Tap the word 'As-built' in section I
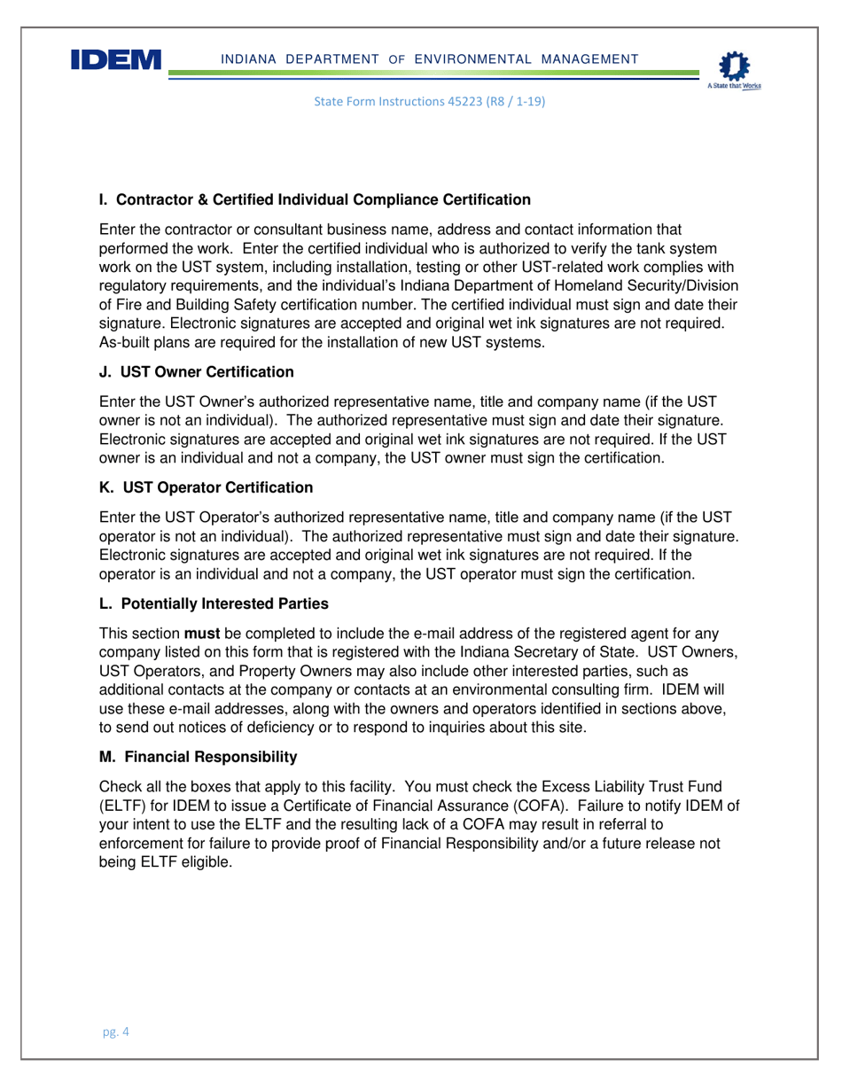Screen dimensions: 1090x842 (x=125, y=342)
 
